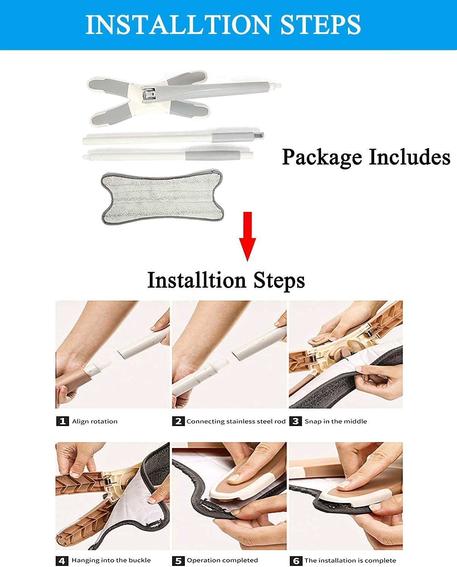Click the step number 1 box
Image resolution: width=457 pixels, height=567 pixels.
click(x=62, y=421)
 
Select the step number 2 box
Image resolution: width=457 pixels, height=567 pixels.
click(x=178, y=421)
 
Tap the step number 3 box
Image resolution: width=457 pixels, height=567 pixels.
click(x=295, y=421)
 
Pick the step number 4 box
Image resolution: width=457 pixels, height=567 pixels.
click(x=62, y=561)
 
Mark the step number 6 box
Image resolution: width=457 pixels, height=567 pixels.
click(x=295, y=561)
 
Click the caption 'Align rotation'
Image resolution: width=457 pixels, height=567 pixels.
click(x=95, y=421)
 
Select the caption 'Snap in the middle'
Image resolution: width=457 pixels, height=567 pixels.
click(x=335, y=421)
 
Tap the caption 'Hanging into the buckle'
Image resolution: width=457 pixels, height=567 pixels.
click(x=111, y=560)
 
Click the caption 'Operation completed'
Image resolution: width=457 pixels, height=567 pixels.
click(x=222, y=560)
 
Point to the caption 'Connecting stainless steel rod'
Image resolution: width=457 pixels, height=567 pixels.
click(x=236, y=421)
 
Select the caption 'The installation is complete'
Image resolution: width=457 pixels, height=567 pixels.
click(x=350, y=561)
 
